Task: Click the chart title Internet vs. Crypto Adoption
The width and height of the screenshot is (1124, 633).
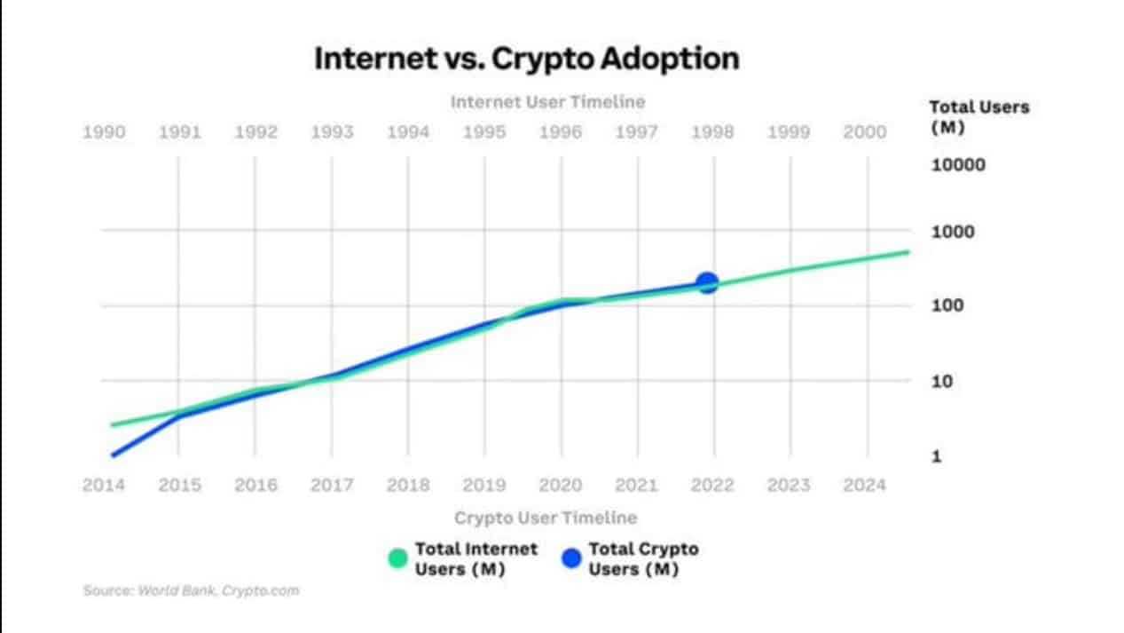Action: pos(526,59)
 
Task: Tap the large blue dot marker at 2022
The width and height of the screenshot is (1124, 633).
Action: pos(707,283)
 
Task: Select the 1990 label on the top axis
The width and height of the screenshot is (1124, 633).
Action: pos(104,132)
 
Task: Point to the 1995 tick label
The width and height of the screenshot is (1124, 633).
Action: pos(484,132)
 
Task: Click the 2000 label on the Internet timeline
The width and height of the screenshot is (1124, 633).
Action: pos(864,132)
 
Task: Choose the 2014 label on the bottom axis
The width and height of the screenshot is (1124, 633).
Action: pos(104,486)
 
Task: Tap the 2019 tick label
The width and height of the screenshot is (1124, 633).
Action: pos(484,486)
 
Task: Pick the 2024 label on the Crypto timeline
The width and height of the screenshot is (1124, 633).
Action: pos(864,486)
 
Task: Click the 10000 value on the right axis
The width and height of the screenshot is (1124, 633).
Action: pos(958,165)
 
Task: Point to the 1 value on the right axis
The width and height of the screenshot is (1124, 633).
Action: pos(935,456)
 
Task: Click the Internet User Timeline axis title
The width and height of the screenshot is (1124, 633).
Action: pos(547,102)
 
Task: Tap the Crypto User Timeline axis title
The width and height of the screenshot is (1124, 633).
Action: pos(546,518)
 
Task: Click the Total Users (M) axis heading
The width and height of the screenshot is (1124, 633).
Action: pos(979,116)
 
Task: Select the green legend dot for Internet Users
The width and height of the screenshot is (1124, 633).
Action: pos(397,558)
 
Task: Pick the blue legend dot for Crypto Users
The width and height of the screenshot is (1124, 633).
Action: pos(571,558)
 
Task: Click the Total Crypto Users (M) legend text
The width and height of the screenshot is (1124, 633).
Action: pos(643,559)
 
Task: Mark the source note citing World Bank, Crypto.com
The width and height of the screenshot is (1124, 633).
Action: pos(191,590)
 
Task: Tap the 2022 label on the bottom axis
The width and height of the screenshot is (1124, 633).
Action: pos(712,486)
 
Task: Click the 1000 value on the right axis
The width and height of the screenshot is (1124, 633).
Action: pos(953,232)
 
